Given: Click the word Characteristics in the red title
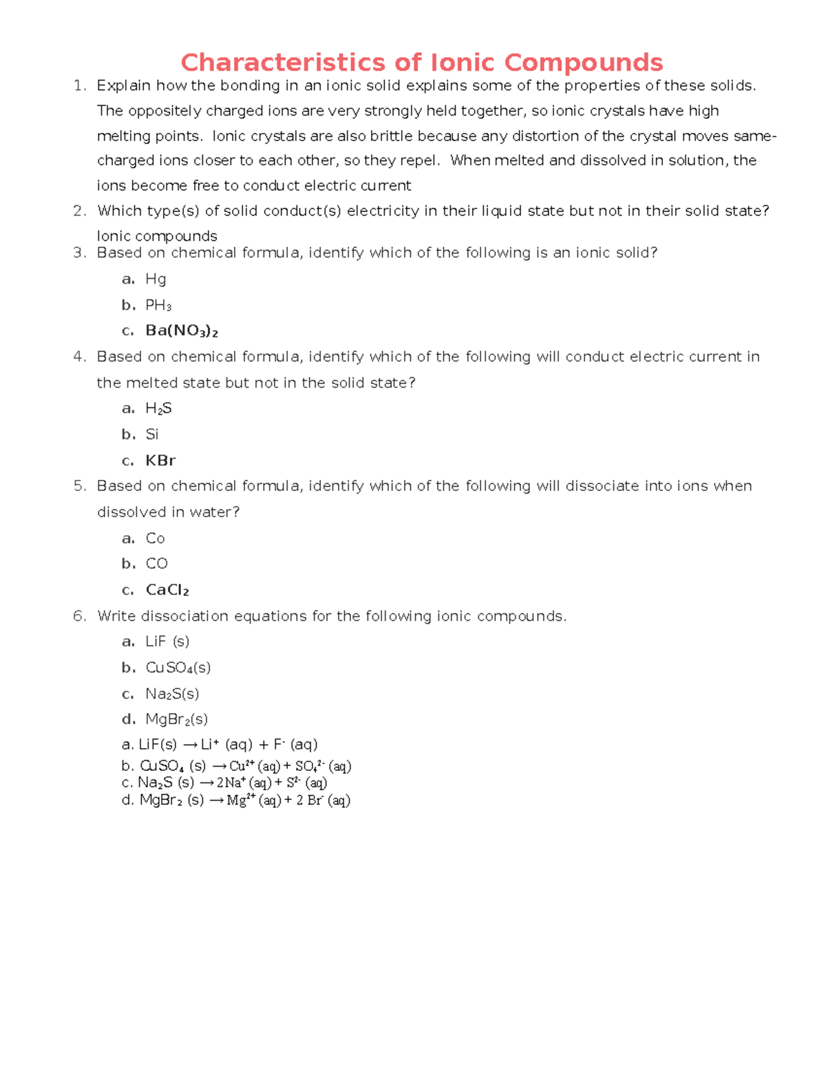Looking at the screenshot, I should pos(282,63).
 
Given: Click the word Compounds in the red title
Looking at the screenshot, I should pos(583,63).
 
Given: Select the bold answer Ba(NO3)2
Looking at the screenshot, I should pos(182,331).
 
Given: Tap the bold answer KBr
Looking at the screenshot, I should pos(160,461).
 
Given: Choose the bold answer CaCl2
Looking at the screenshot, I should pos(167,590).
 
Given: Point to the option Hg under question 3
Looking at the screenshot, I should pos(156,279).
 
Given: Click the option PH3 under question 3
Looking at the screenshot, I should pos(158,305).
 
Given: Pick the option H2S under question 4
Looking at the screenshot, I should pos(158,409).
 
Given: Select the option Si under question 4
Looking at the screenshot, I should pos(152,434).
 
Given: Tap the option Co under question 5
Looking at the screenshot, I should pos(155,538).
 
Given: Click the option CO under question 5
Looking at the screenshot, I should pos(156,564).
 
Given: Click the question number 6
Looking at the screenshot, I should pos(79,616).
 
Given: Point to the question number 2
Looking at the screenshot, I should pos(79,211).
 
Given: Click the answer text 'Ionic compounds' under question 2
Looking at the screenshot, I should pos(157,236).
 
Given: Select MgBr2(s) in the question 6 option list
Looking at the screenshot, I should pos(176,719).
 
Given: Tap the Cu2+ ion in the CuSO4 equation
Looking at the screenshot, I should pos(242,765).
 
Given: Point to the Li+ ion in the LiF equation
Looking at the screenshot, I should pos(209,744).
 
